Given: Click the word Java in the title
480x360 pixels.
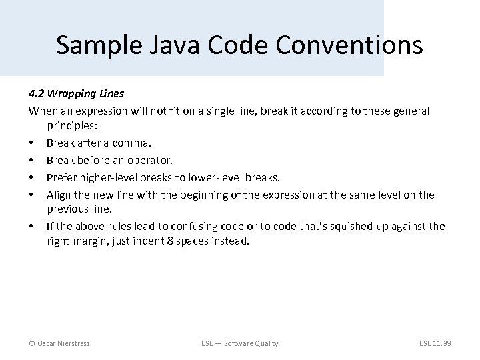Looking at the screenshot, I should click(176, 45).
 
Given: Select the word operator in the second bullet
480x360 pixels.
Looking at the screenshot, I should click(149, 160).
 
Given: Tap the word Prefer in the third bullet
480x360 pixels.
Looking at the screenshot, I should click(60, 177).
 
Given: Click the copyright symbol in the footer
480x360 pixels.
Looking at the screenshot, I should click(31, 343).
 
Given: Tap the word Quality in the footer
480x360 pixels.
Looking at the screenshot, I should click(264, 343).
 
